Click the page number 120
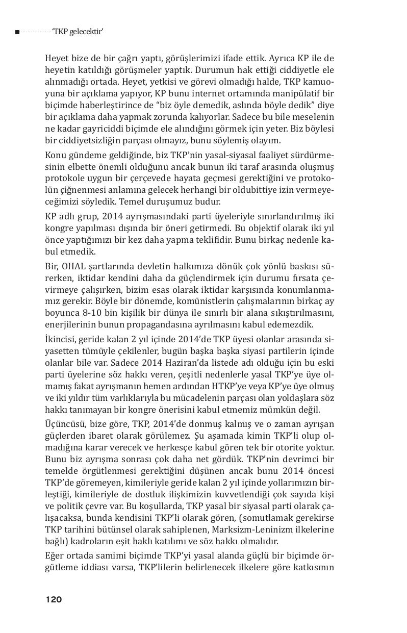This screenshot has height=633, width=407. (54, 599)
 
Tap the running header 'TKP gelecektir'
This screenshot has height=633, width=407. (78, 32)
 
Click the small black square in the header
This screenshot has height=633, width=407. (17, 32)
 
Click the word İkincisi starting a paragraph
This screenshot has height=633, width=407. (60, 339)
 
